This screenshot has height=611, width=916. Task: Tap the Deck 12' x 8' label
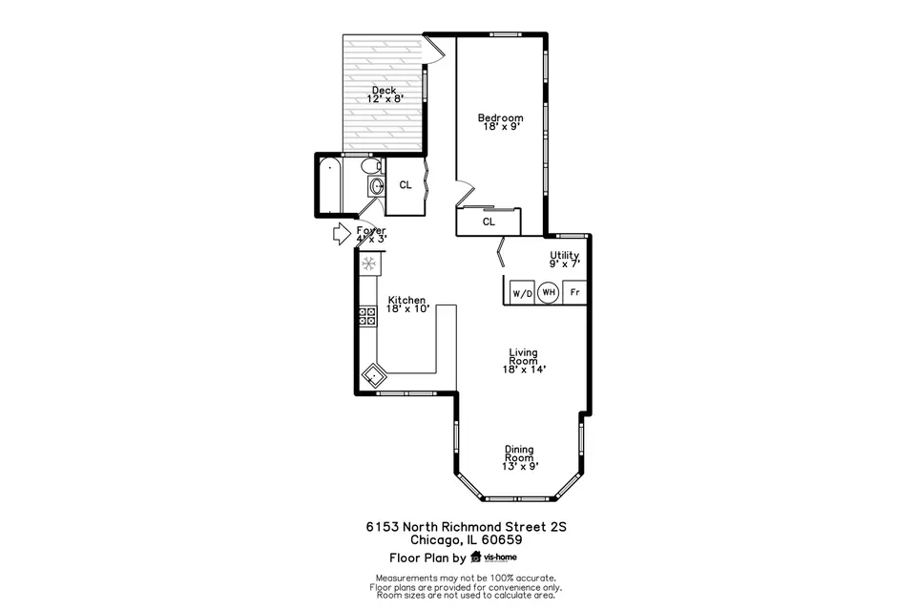coord(385,95)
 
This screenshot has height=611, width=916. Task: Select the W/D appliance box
coord(522,292)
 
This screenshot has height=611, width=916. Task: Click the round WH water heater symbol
coord(548,292)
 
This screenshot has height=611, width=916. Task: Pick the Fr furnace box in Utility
coord(574,292)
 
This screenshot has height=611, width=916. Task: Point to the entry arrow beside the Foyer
coord(342,234)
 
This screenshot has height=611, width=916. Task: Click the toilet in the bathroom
coord(371,166)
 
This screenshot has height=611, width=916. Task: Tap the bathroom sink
coord(376,187)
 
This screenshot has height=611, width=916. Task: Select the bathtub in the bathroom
coord(329,186)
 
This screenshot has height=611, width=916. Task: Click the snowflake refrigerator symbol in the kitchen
coord(368,263)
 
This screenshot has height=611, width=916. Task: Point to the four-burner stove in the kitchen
coord(367,316)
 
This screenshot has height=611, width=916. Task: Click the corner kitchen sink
coord(373,375)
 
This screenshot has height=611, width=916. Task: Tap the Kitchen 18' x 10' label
coord(407,304)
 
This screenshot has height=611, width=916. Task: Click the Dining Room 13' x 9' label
coord(520,458)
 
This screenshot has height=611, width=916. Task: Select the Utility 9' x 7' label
coord(564,259)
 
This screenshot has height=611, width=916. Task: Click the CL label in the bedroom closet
coord(489,221)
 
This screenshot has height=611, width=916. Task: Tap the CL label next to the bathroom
coord(406,185)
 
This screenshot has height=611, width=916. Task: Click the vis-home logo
coord(493,558)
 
